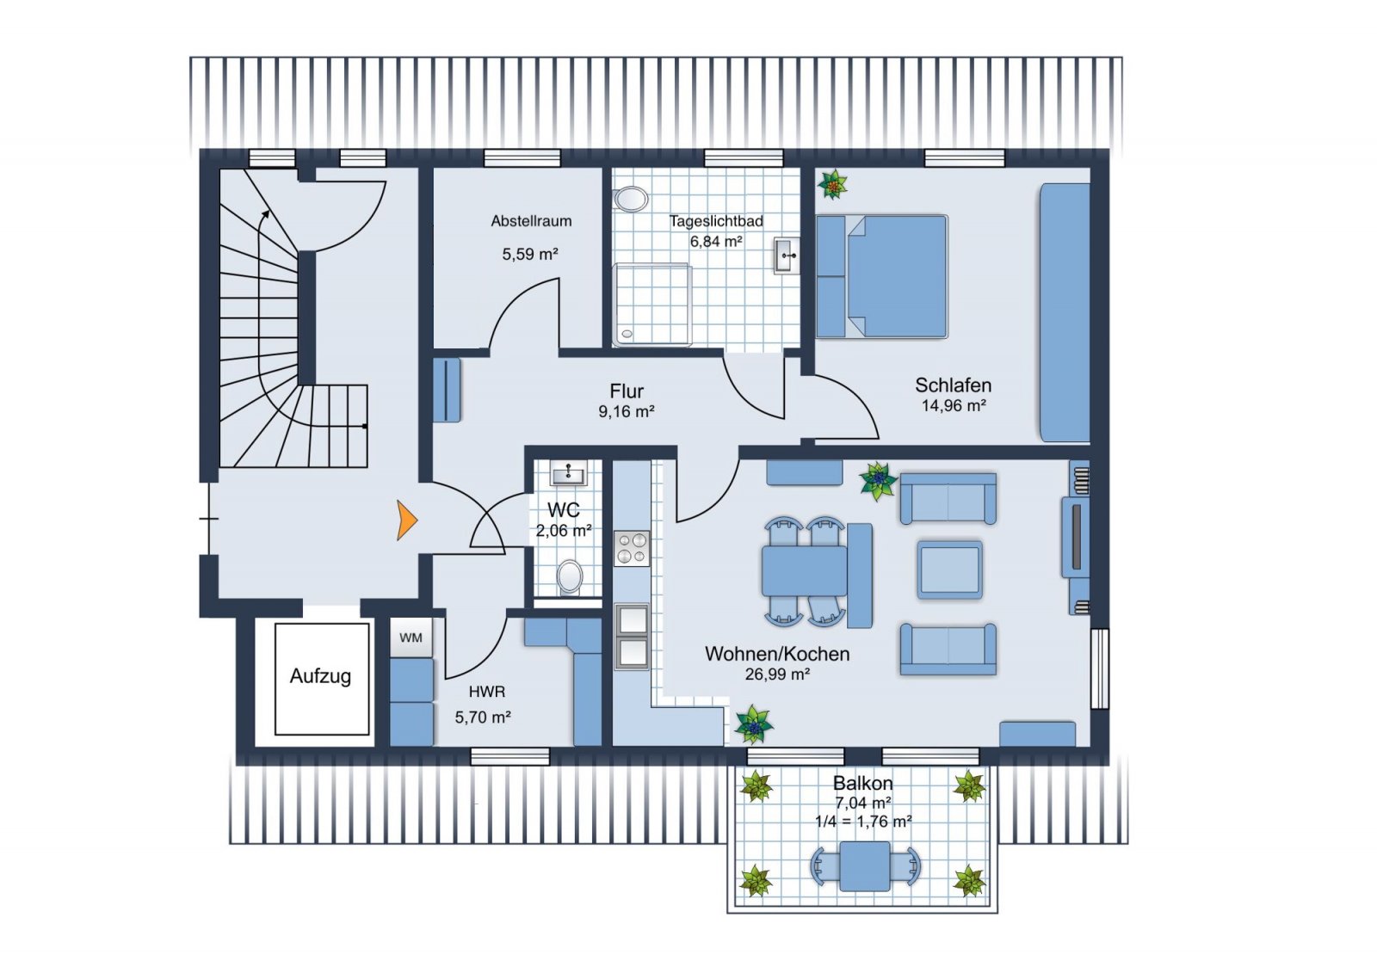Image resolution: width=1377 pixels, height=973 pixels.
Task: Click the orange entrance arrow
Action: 406,520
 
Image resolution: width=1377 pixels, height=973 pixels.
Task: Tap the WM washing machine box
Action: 411,637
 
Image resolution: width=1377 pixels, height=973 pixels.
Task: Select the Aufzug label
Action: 320,677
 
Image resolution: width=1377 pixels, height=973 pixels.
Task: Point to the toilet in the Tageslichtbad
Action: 630,199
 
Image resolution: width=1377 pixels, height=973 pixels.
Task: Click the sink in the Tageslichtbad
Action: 787,256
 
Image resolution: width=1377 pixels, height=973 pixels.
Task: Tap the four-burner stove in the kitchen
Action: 632,548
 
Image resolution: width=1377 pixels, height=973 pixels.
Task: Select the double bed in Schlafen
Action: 881,276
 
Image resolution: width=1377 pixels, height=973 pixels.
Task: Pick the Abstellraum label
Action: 531,220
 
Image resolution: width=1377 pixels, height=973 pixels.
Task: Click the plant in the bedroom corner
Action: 832,184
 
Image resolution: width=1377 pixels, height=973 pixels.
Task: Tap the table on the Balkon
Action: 865,866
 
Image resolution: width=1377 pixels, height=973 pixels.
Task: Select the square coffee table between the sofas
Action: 949,570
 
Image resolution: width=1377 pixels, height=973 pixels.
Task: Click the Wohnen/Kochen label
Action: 777,653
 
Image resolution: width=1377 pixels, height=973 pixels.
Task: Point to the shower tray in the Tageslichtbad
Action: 652,304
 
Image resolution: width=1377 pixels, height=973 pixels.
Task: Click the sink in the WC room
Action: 569,473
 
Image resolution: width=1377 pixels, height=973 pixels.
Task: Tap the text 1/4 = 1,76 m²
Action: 863,822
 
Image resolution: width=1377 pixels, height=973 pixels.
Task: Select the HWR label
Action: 487,692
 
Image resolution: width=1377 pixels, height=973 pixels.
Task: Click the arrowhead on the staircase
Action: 266,214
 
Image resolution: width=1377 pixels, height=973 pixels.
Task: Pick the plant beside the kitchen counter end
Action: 754,724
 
